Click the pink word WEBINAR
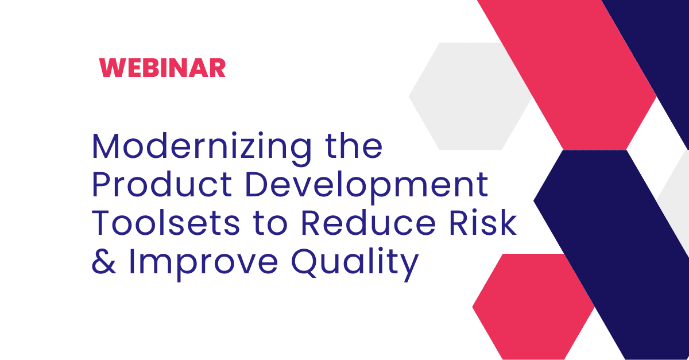pyautogui.click(x=162, y=67)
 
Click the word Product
pyautogui.click(x=162, y=184)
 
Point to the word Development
pyautogui.click(x=366, y=187)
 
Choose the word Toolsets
pyautogui.click(x=165, y=222)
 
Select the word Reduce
pyautogui.click(x=368, y=222)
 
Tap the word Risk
pyautogui.click(x=483, y=222)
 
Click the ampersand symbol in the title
pyautogui.click(x=104, y=261)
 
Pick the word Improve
pyautogui.click(x=203, y=264)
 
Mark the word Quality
pyautogui.click(x=355, y=264)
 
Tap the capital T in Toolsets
pyautogui.click(x=101, y=222)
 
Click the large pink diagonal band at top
pyautogui.click(x=567, y=75)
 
